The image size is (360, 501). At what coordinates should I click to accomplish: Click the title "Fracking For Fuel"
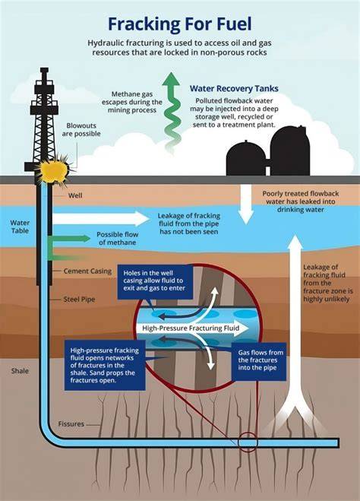coord(180,24)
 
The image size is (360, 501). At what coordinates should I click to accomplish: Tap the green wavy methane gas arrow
coord(172,112)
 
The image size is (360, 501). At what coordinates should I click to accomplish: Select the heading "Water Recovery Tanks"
coord(234,88)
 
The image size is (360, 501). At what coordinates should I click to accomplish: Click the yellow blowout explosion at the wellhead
coord(54,170)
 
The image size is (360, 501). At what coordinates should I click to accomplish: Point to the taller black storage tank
coord(290,151)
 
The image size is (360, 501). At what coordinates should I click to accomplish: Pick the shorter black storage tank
coord(246,158)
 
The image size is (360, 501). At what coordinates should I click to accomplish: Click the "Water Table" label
coord(20,227)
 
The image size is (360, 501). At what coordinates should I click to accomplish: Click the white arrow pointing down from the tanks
coord(246,205)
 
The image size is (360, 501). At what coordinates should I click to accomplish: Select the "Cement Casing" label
coord(87,271)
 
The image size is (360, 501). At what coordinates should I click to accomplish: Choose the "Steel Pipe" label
coord(79,300)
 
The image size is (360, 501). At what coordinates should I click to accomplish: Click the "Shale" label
coord(20,371)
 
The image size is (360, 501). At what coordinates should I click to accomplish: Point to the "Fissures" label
coord(71,424)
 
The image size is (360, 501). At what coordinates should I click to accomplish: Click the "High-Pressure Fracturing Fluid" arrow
coord(191,328)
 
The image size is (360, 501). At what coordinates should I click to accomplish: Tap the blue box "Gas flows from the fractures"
coord(259,360)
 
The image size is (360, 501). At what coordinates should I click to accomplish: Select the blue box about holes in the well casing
coord(155,281)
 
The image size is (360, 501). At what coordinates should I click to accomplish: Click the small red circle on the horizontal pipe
coord(248,442)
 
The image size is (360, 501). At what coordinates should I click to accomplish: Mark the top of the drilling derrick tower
coord(44,68)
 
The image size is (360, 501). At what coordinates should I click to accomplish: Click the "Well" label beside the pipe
coord(75,195)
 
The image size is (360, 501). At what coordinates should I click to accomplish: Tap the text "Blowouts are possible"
coord(81,130)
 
